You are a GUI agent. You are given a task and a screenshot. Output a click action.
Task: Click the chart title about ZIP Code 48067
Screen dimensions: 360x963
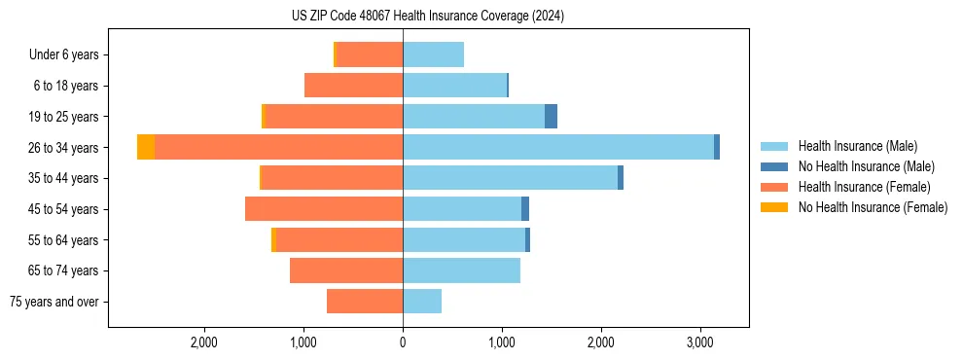tap(428, 17)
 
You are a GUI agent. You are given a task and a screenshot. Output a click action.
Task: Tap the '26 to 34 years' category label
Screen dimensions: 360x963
tap(64, 148)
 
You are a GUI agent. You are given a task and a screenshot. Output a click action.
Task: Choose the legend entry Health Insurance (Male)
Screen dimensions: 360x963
tap(857, 146)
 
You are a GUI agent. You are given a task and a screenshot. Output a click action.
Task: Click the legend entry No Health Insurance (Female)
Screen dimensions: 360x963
tap(873, 207)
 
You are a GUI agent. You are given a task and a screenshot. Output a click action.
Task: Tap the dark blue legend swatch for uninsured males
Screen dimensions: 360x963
tap(775, 166)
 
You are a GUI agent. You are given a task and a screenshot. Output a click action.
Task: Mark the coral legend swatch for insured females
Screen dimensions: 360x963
tap(775, 187)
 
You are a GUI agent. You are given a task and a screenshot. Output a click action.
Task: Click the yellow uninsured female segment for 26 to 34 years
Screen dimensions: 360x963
tap(146, 147)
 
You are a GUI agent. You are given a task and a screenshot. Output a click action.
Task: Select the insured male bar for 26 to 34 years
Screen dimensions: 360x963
tap(558, 147)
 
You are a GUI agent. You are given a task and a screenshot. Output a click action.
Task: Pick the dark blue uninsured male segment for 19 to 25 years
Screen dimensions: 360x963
tap(551, 117)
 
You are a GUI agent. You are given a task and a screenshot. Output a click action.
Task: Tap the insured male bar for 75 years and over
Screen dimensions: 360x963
tap(422, 302)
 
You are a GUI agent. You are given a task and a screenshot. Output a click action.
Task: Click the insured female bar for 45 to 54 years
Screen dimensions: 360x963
tap(324, 209)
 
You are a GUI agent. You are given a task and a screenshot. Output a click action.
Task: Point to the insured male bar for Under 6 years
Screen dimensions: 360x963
tap(433, 54)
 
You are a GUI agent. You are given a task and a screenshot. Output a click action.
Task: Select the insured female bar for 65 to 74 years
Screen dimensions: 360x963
tap(346, 270)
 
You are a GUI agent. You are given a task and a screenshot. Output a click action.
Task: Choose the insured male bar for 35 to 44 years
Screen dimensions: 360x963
tap(510, 178)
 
